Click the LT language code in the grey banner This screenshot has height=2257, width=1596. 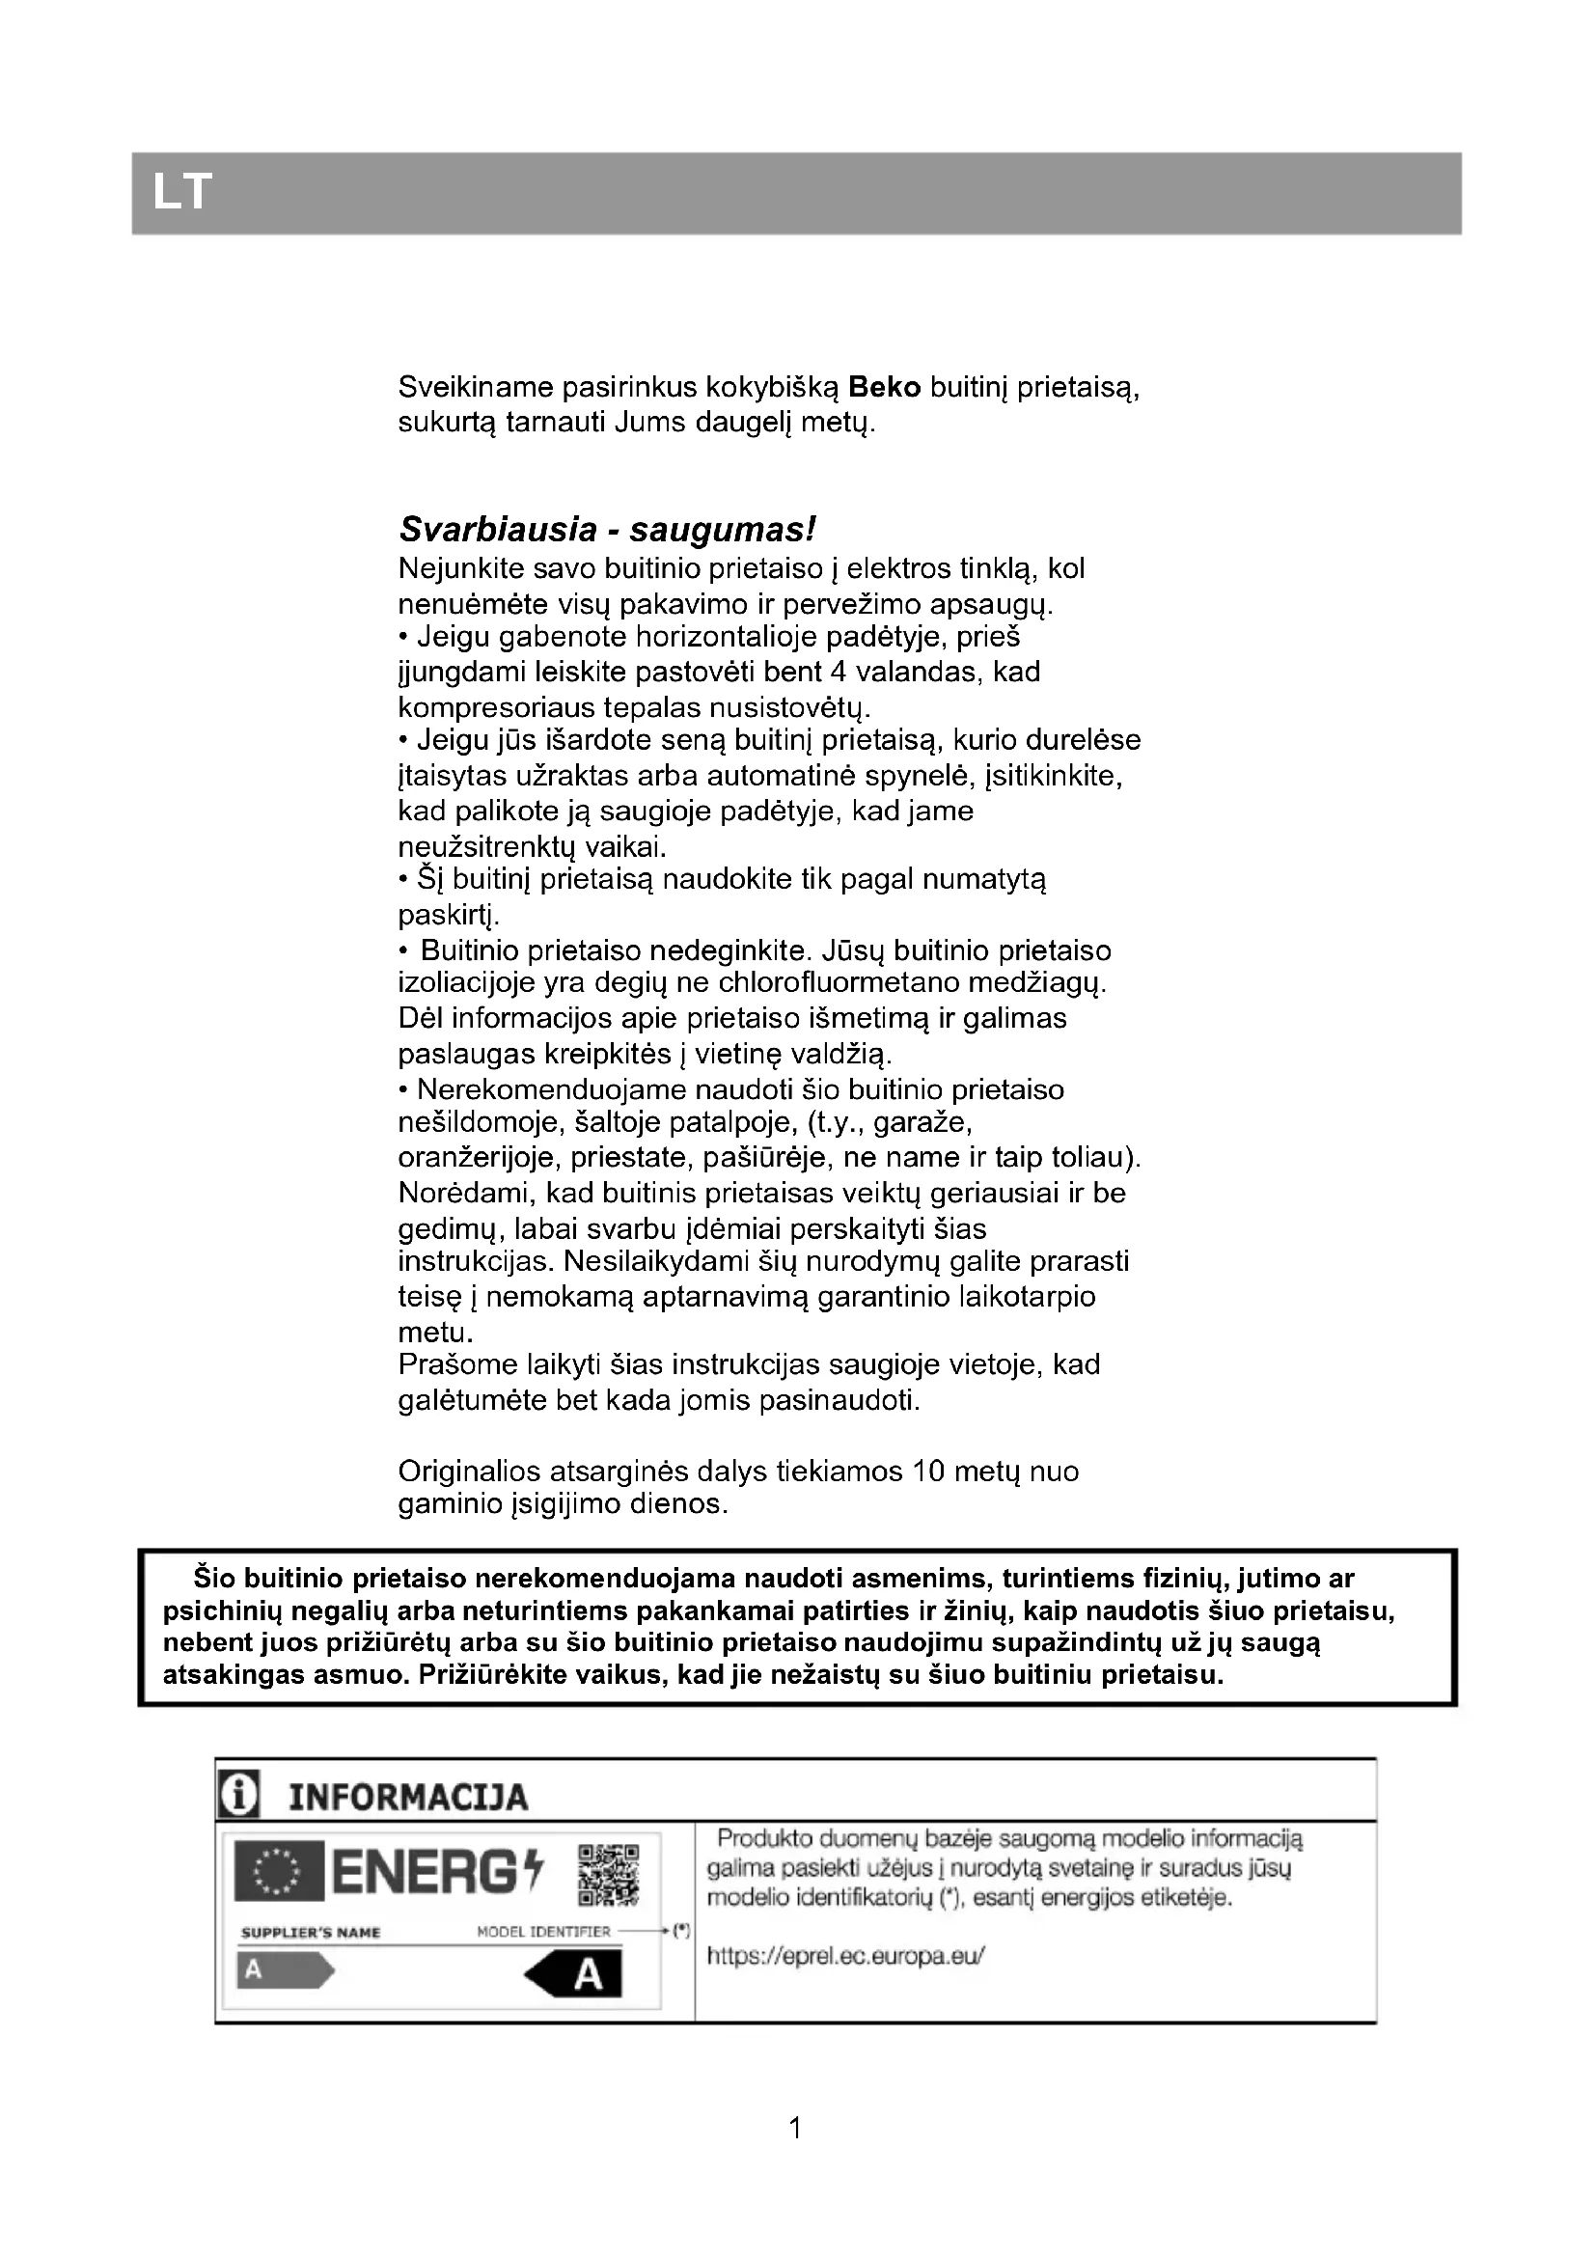[181, 192]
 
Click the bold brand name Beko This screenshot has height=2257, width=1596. [885, 387]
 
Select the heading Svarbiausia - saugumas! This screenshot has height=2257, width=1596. [606, 530]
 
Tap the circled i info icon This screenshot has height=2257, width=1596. [238, 1797]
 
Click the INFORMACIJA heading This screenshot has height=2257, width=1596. [408, 1798]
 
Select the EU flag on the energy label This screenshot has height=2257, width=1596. [278, 1872]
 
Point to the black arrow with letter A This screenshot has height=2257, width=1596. [575, 1974]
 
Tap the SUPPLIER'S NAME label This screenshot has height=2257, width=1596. [311, 1933]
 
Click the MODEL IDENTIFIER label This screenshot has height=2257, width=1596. [543, 1932]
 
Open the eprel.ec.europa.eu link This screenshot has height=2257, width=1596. [845, 1956]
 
